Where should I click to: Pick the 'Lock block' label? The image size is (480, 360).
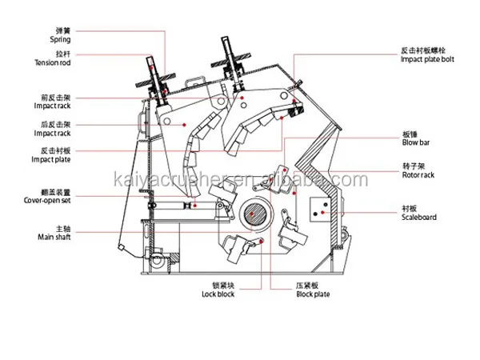(218, 293)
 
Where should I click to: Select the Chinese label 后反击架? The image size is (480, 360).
(54, 125)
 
